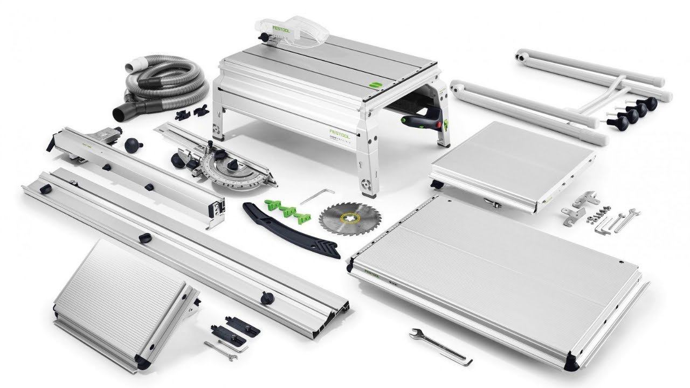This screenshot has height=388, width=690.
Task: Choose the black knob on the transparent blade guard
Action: (264, 38)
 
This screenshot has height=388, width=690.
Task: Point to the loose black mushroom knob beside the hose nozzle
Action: (133, 144)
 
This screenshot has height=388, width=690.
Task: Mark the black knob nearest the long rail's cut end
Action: (265, 297)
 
